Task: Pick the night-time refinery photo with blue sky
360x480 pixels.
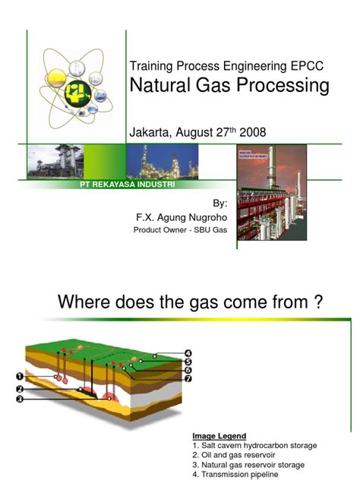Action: tap(168, 163)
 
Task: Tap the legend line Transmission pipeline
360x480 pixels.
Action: tap(235, 474)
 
